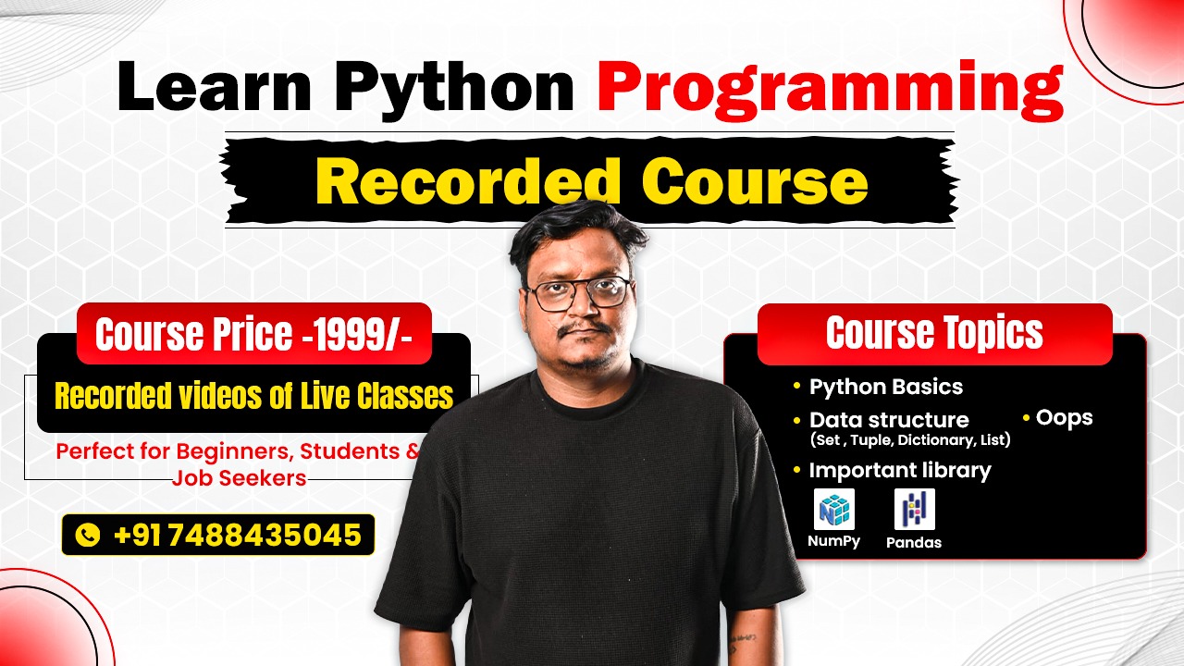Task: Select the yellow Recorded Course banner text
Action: [x=591, y=181]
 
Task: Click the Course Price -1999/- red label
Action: [x=254, y=334]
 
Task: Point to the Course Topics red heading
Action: [x=934, y=334]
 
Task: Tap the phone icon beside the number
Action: [x=87, y=535]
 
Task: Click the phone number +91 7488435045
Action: [x=237, y=535]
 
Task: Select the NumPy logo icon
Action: [x=833, y=510]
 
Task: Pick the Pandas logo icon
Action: [x=914, y=510]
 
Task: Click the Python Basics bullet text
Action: [x=885, y=387]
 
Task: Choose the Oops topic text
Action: [x=1064, y=418]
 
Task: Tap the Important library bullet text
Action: [x=899, y=470]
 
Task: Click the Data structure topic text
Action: [x=888, y=420]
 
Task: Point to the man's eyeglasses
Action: [x=578, y=294]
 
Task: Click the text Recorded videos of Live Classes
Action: [x=254, y=396]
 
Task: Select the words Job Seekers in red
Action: [x=239, y=478]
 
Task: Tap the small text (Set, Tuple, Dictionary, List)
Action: [x=909, y=440]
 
